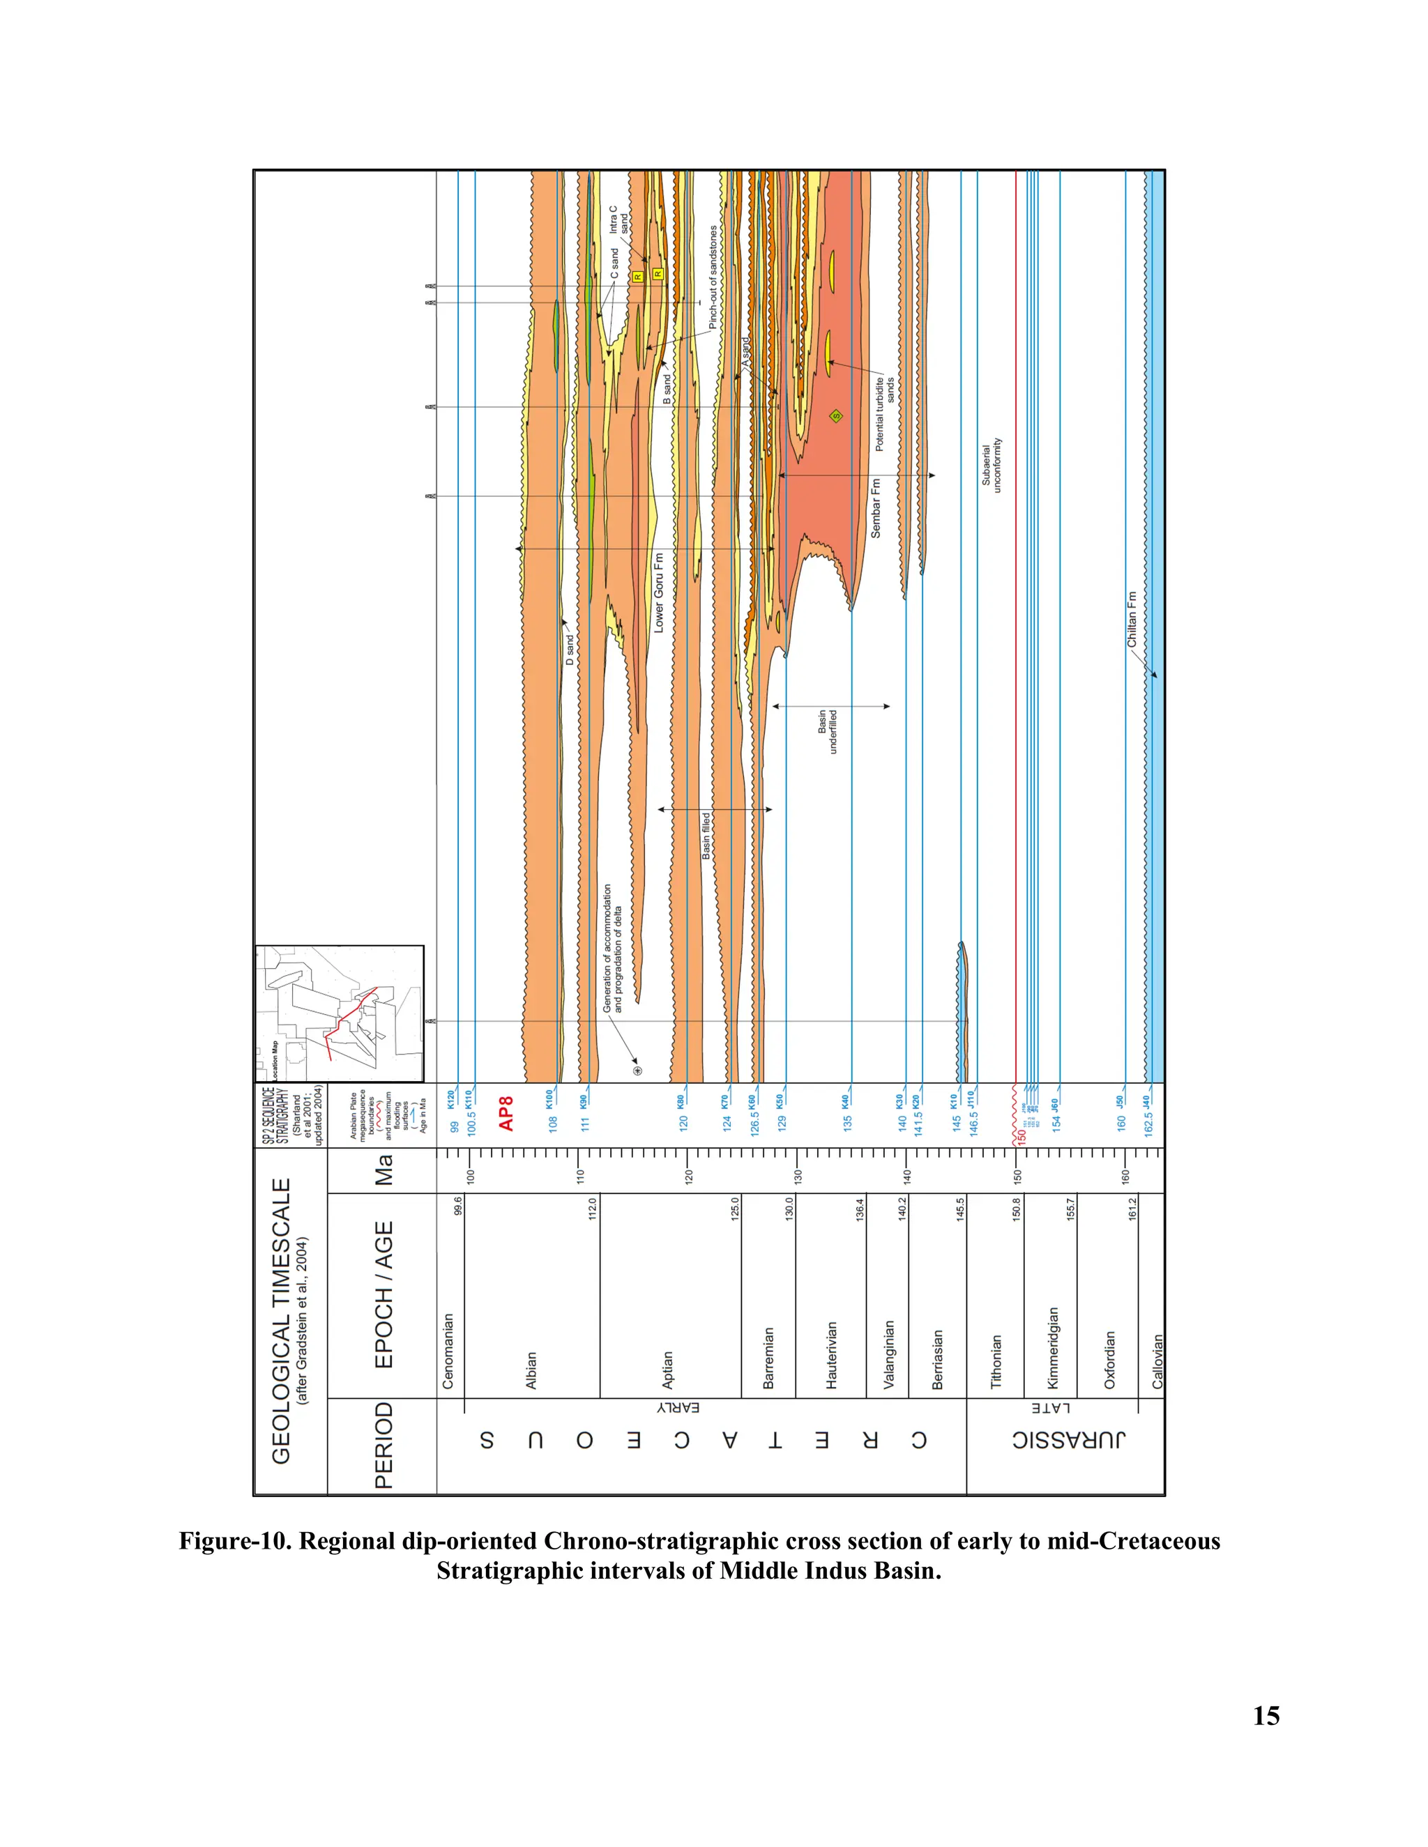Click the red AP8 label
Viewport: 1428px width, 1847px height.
click(x=506, y=1113)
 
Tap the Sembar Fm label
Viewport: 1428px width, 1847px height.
click(x=876, y=508)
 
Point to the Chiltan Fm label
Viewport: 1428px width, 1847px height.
click(x=1132, y=620)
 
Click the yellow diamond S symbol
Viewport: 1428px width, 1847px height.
click(x=836, y=415)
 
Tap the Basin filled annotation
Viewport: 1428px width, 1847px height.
click(x=706, y=836)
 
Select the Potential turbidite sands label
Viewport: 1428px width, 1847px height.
click(x=884, y=413)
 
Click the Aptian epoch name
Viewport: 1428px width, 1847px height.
click(x=667, y=1370)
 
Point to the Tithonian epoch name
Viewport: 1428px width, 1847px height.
click(x=996, y=1362)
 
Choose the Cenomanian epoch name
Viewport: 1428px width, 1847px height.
click(x=448, y=1351)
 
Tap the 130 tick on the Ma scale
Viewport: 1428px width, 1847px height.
click(x=797, y=1176)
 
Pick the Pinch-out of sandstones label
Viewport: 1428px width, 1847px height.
click(x=713, y=277)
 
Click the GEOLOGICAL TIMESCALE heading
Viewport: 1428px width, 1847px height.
click(x=281, y=1320)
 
